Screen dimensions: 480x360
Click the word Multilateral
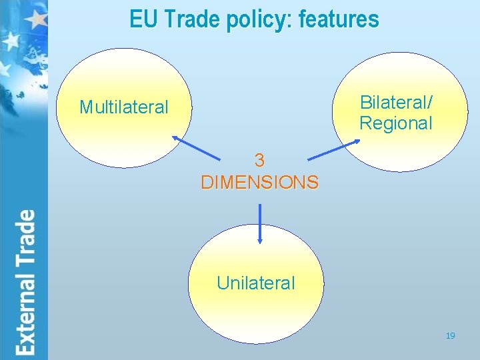click(x=124, y=107)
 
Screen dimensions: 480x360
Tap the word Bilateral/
click(x=395, y=102)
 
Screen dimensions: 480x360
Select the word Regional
click(x=395, y=123)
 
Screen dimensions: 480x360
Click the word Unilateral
click(x=255, y=283)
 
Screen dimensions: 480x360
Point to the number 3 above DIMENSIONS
click(x=259, y=161)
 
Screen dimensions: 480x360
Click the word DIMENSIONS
click(x=259, y=182)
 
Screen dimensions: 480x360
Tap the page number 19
click(x=451, y=336)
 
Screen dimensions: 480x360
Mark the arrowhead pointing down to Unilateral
click(x=259, y=241)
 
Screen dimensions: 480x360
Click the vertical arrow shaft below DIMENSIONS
click(x=259, y=220)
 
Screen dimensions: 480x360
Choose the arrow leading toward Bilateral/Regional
click(x=333, y=151)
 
